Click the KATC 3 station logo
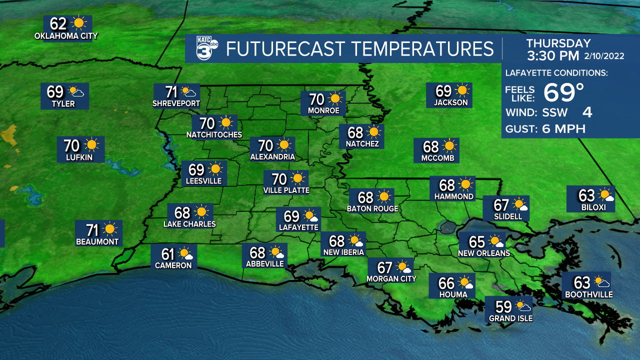click(x=206, y=48)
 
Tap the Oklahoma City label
click(x=66, y=36)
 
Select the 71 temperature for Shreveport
click(x=172, y=92)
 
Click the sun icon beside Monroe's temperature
click(x=334, y=99)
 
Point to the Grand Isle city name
click(x=510, y=318)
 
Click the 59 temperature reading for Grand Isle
click(x=503, y=306)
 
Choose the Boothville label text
click(x=588, y=295)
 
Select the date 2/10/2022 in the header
click(x=606, y=56)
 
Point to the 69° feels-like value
click(x=563, y=92)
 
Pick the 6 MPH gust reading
click(x=563, y=129)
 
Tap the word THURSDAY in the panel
click(x=558, y=43)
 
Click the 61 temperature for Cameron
click(x=168, y=253)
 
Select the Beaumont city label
click(x=97, y=242)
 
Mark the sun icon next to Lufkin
click(x=91, y=145)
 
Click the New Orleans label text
click(x=484, y=253)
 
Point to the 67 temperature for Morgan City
click(x=385, y=267)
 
